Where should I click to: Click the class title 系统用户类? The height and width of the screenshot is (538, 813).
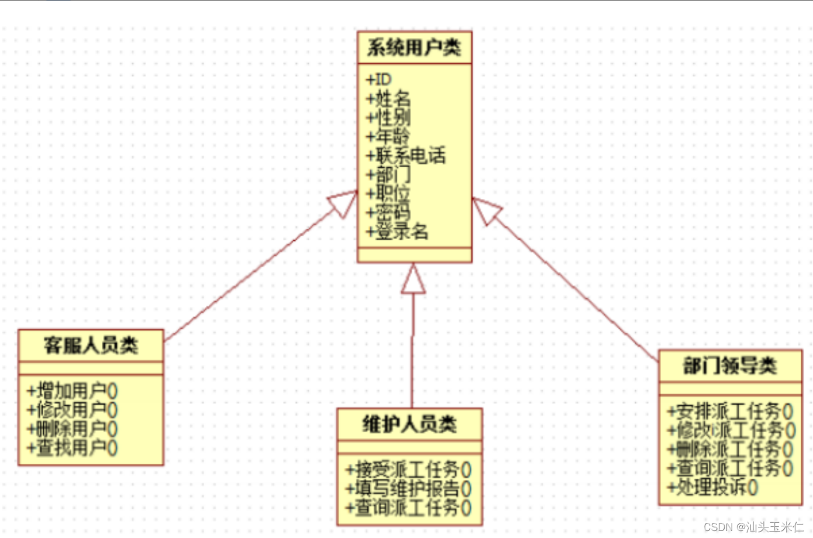coord(414,47)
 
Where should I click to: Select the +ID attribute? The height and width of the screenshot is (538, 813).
coord(379,80)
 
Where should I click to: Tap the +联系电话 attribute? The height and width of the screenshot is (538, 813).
coord(406,156)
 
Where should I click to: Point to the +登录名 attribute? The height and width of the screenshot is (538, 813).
coord(397,232)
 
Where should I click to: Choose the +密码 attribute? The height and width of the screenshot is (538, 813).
coord(388,212)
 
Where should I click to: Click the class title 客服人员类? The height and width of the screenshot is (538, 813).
coord(91,345)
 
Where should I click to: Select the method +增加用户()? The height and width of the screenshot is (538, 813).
coord(73,391)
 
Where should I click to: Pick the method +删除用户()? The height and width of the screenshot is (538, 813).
coord(73,429)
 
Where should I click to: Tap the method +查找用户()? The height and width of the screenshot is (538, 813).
coord(73,448)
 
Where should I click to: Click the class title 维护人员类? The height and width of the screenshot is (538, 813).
coord(409,424)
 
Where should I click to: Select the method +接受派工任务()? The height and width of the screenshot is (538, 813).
coord(408,469)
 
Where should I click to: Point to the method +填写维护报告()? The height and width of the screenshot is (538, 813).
coord(408,488)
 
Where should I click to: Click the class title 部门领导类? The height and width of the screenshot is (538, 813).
coord(730,366)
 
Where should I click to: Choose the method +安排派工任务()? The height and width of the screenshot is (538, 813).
coord(731,411)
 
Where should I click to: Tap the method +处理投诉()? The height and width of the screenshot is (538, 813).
coord(713,487)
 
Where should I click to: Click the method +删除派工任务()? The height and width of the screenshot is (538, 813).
coord(731,449)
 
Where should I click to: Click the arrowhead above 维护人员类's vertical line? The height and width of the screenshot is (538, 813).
coord(414,280)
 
